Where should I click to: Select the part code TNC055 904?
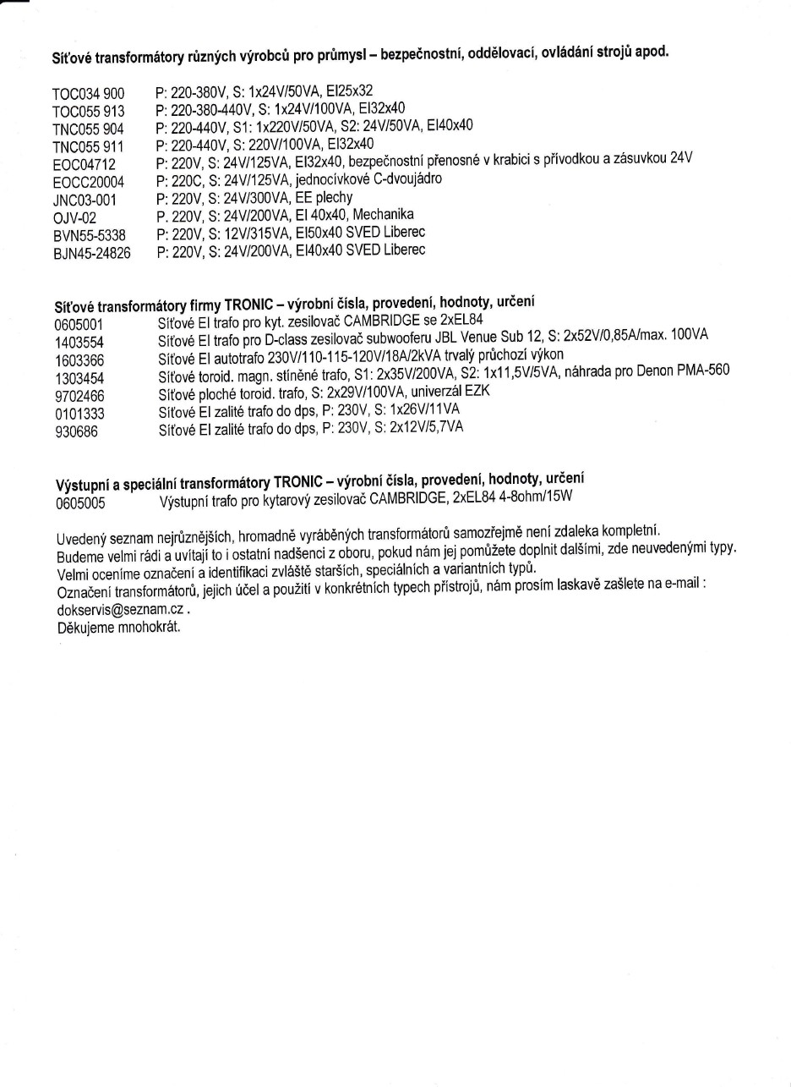pos(89,129)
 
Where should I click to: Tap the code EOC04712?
pos(84,164)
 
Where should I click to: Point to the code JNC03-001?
pos(85,200)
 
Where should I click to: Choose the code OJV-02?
pos(74,217)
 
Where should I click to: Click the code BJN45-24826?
pos(91,253)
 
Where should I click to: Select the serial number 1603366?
pos(79,360)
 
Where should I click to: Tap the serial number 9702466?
pos(79,396)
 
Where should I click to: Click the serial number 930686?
pos(76,431)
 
